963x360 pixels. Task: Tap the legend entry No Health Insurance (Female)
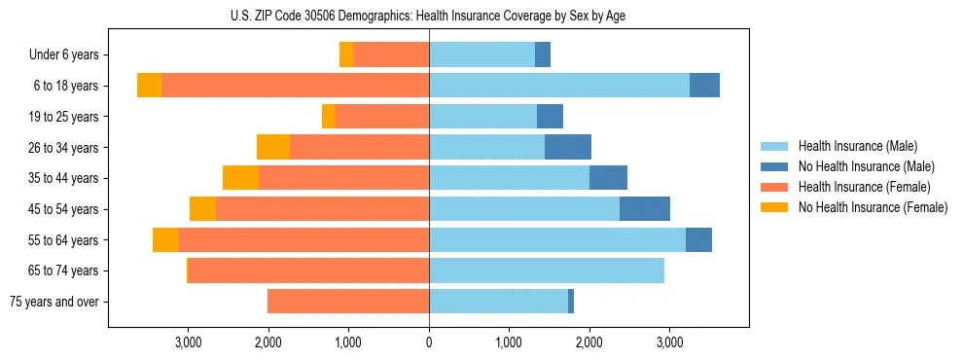tap(873, 207)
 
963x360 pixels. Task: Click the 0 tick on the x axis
tap(429, 342)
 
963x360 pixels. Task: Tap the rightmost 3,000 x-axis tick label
tap(669, 342)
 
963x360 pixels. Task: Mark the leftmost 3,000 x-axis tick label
tap(188, 342)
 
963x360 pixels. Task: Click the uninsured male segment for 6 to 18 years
tap(704, 86)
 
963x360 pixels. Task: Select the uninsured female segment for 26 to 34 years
tap(273, 147)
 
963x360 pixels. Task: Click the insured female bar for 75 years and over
tap(348, 302)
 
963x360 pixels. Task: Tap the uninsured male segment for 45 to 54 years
tap(645, 209)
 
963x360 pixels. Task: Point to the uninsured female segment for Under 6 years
tap(346, 55)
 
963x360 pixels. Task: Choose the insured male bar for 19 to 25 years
tap(482, 117)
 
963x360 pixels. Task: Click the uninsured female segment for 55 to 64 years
tap(165, 239)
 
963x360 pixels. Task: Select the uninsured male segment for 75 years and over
tap(571, 302)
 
